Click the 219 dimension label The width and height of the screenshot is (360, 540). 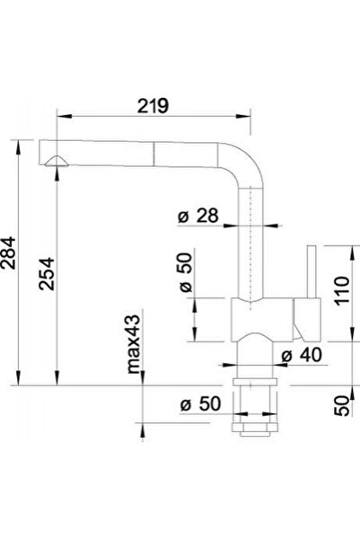tap(154, 106)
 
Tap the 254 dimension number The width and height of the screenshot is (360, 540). tap(47, 274)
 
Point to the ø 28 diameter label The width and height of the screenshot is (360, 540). tap(198, 216)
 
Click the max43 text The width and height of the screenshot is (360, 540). tap(134, 344)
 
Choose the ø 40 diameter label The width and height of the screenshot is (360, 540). tap(302, 355)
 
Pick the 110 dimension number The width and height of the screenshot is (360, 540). tap(342, 290)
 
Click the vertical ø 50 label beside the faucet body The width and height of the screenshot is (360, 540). tap(186, 272)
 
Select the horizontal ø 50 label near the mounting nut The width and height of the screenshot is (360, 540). tap(200, 403)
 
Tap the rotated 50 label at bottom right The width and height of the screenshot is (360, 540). tap(342, 406)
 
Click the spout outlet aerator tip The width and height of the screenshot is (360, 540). tap(57, 162)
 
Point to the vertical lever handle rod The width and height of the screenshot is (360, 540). tap(312, 271)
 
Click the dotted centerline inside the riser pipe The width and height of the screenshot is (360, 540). tap(251, 248)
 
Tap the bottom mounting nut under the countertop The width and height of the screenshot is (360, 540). tap(255, 428)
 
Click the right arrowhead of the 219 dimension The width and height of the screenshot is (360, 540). tap(243, 117)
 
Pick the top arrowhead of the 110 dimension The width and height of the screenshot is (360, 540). tap(352, 253)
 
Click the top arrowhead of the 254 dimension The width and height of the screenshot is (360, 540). tap(57, 173)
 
